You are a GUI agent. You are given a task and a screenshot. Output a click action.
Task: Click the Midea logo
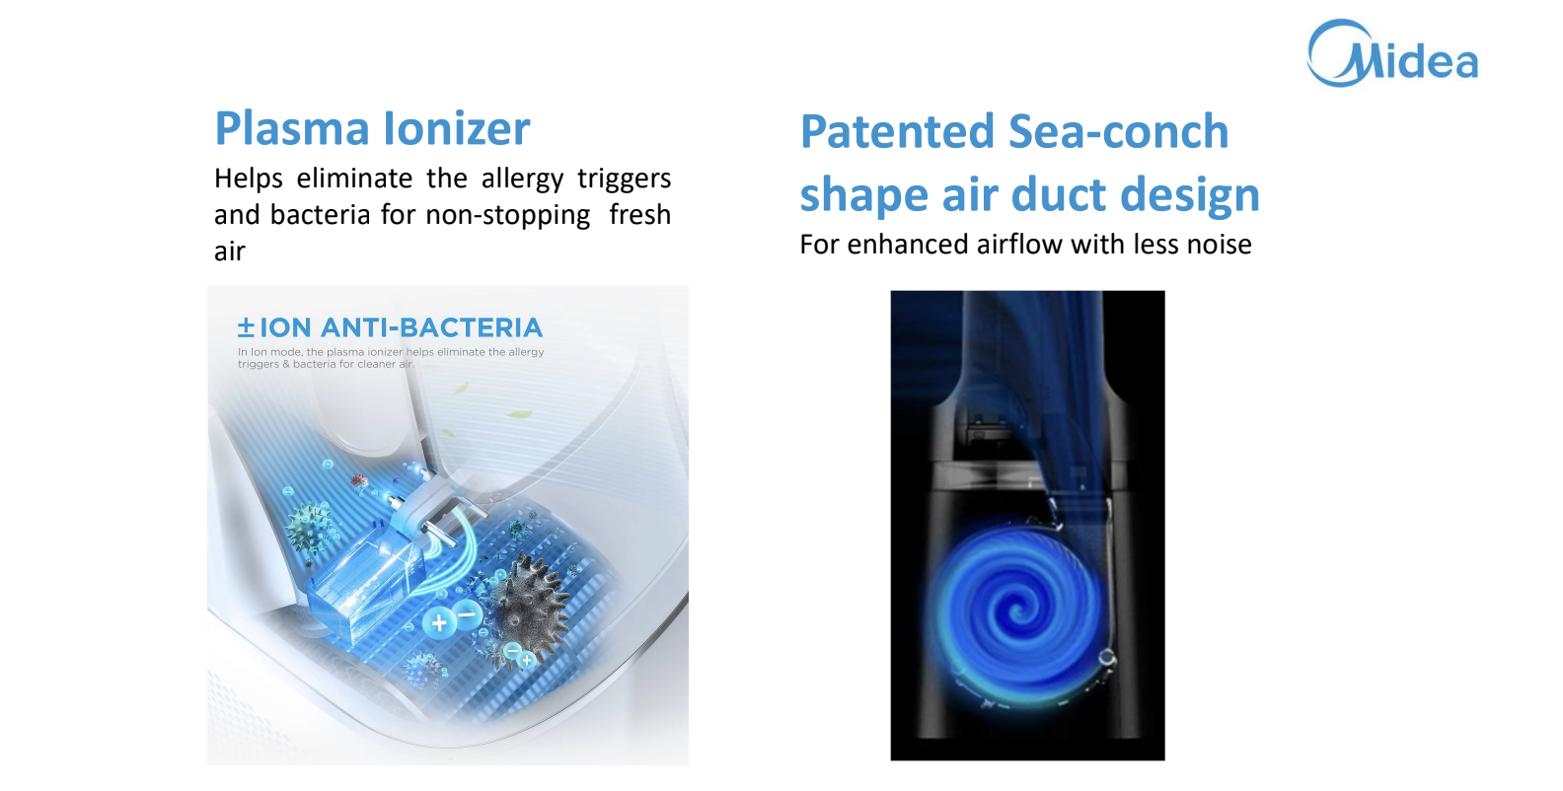point(1392,53)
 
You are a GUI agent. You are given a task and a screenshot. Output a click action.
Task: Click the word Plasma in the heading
point(292,128)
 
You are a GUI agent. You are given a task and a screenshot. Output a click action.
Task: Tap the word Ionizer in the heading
point(457,128)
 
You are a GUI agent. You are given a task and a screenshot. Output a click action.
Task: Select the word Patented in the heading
point(897,131)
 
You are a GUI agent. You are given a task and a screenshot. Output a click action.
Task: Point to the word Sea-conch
point(1119,131)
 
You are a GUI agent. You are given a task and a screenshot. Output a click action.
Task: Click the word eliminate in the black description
point(354,179)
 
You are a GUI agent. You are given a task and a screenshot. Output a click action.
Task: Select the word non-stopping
point(508,216)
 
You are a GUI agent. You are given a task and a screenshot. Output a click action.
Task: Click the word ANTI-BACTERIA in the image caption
point(431,327)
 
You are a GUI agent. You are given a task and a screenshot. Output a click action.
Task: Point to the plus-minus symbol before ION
point(246,327)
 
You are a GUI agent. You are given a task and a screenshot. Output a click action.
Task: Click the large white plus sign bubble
point(439,622)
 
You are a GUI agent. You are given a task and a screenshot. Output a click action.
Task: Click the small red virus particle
point(358,480)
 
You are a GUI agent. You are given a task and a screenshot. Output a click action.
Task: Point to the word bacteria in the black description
point(321,216)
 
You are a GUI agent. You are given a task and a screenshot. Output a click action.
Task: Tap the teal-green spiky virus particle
point(309,526)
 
